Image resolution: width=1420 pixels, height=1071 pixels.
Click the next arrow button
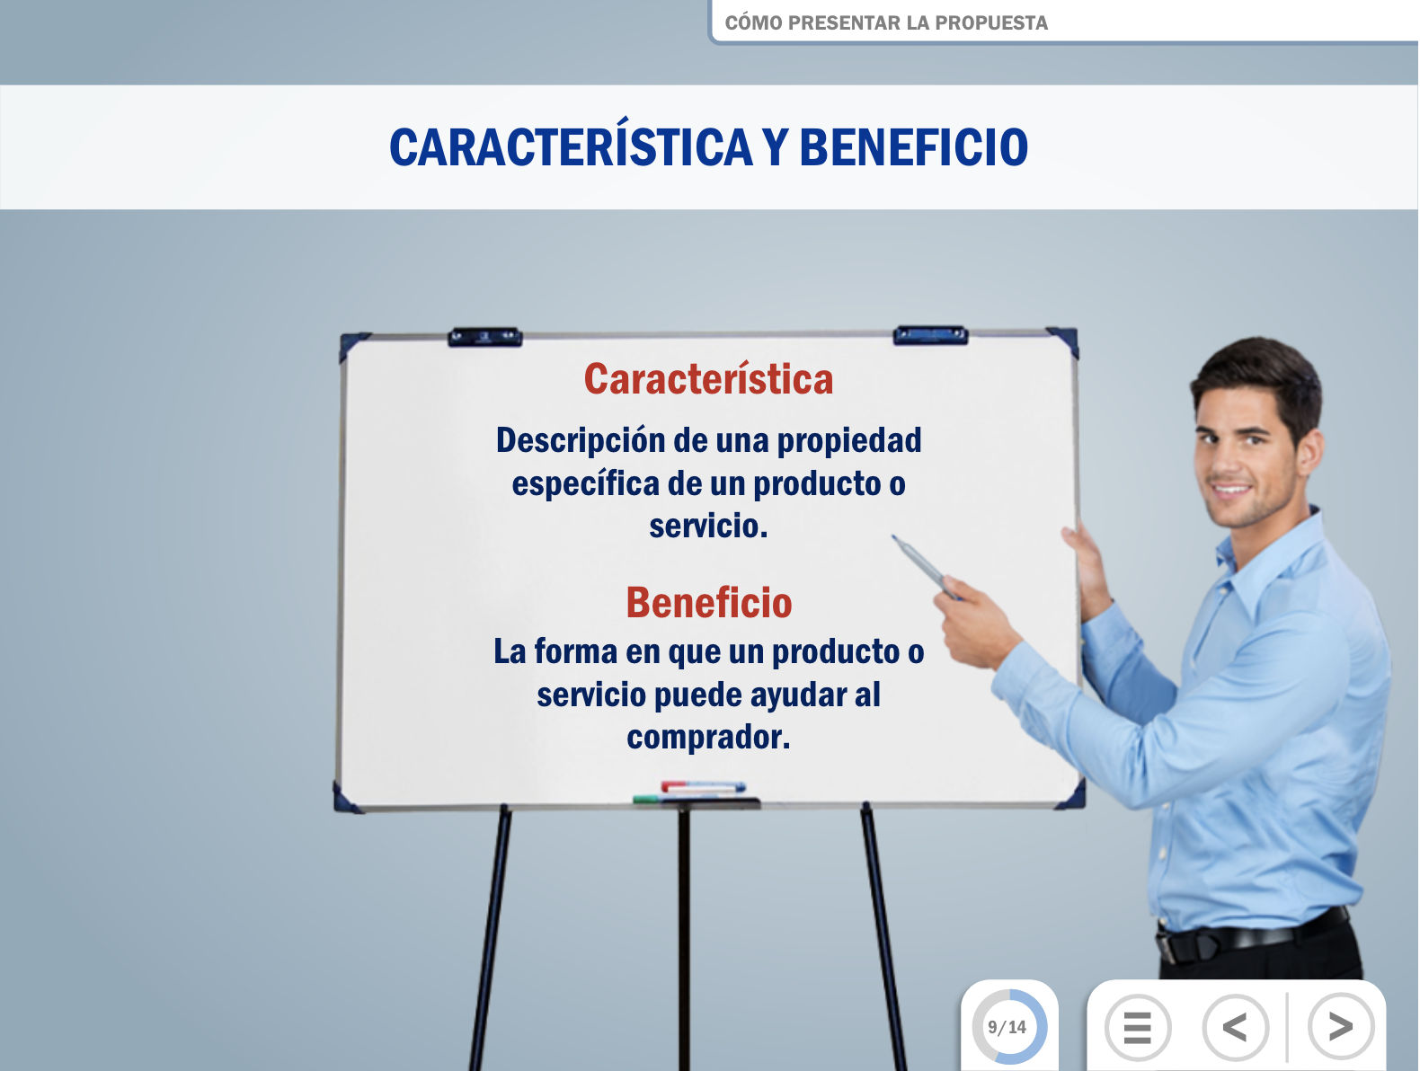1340,1026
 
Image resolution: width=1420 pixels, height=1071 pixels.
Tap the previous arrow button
1235,1027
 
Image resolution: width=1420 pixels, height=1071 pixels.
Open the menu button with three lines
1137,1027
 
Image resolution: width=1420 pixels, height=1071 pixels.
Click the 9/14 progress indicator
1008,1027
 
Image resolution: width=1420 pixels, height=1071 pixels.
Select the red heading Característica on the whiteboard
708,379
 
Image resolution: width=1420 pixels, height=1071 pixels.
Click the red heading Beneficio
709,603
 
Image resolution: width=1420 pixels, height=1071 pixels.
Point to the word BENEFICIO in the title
913,147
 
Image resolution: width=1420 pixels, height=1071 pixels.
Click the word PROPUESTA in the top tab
991,23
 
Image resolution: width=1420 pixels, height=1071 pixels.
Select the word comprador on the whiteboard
705,738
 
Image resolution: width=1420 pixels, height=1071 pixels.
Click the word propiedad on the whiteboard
848,441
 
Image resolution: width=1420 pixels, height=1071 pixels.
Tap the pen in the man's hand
925,567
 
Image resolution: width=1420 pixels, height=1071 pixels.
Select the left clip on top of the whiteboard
484,337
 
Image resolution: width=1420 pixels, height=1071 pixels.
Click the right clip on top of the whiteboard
930,335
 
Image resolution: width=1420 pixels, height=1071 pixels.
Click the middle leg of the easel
684,939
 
